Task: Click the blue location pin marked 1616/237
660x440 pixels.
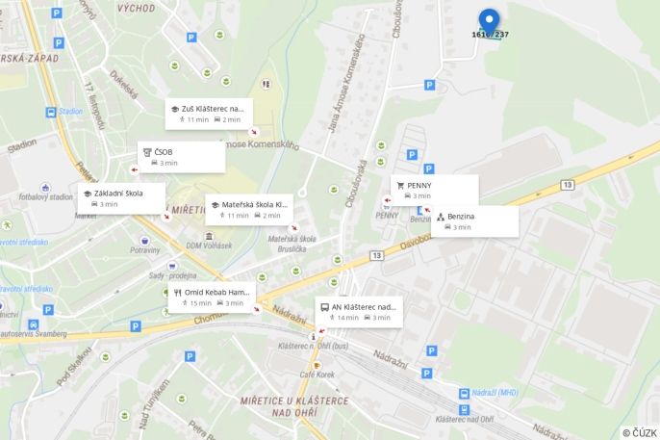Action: click(x=490, y=22)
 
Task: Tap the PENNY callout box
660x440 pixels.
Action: click(x=434, y=190)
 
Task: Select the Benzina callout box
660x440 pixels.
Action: click(x=474, y=221)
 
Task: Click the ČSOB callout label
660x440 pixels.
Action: click(x=181, y=157)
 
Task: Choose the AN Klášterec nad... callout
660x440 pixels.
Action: click(x=358, y=312)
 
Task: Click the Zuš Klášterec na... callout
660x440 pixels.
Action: click(x=208, y=114)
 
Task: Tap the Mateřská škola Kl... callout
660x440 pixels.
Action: click(x=248, y=209)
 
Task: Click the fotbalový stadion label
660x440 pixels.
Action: click(x=45, y=197)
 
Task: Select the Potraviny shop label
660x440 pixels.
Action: click(x=145, y=250)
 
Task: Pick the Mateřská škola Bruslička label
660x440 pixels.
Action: click(x=292, y=243)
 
